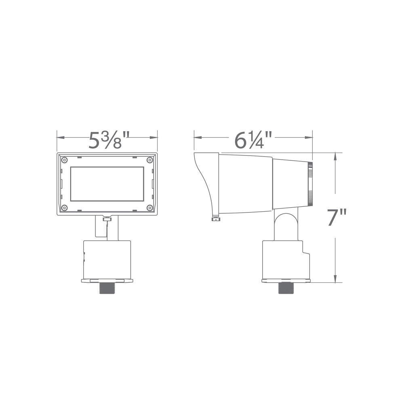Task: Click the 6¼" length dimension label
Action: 253,140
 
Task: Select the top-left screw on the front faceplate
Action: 64,160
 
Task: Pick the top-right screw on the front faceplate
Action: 150,160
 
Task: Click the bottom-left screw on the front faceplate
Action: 64,208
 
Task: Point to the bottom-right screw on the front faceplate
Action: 150,208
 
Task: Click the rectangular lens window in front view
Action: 107,184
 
